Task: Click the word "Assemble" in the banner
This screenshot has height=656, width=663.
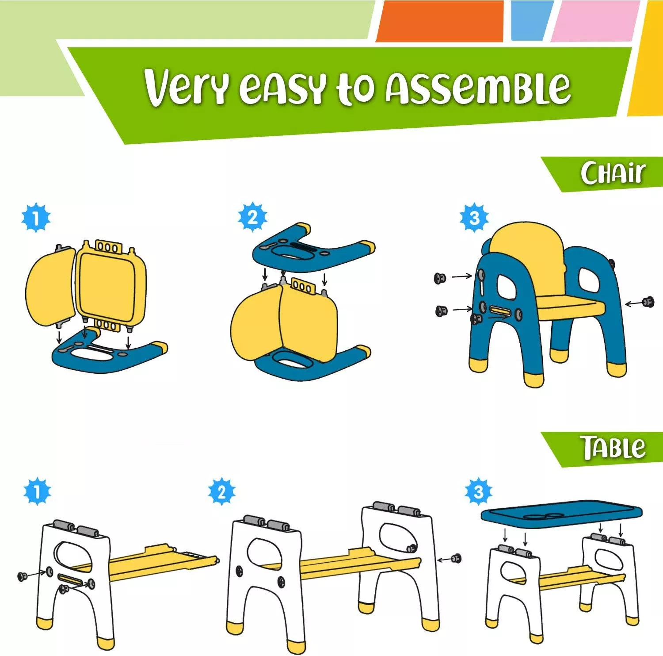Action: point(477,87)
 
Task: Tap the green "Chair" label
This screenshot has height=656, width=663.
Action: point(612,173)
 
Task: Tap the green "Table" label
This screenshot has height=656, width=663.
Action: point(612,448)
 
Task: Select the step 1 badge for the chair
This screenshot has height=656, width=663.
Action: point(36,217)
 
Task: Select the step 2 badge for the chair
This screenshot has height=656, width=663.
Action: point(252,217)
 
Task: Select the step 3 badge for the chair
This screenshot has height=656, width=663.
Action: point(474,217)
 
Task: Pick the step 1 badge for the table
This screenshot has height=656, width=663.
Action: point(37,491)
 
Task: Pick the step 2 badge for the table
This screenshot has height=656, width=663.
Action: point(222,491)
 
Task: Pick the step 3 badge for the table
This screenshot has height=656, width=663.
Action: point(478,491)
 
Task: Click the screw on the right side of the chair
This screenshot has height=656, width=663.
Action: point(648,302)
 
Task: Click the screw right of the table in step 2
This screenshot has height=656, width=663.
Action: point(456,558)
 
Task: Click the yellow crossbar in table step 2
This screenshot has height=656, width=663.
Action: point(358,564)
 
